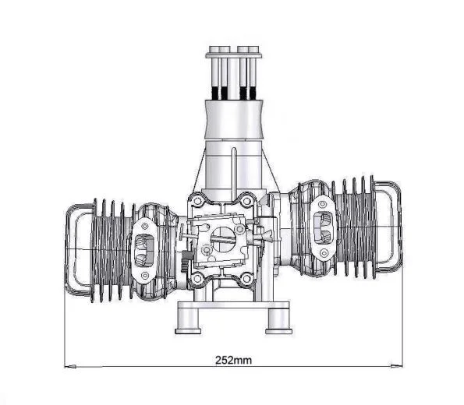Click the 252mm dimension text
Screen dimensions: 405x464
(232, 361)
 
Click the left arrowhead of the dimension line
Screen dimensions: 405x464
(69, 364)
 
